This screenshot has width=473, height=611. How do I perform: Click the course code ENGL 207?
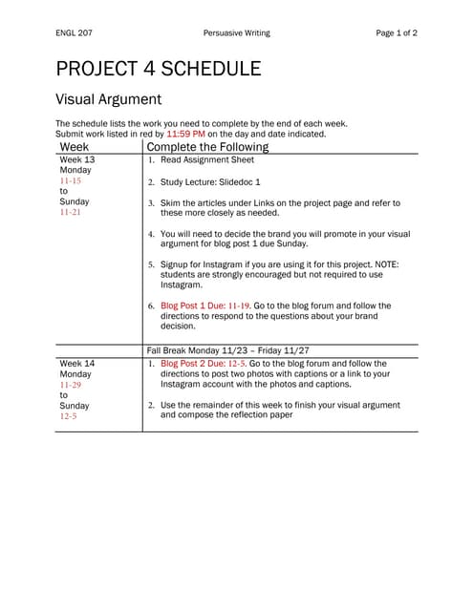point(74,33)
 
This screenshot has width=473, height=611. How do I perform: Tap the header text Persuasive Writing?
point(236,33)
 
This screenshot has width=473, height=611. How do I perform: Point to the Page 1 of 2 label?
point(397,33)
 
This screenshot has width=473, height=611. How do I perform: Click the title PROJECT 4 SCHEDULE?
point(158,69)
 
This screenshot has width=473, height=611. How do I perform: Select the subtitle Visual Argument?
point(108,99)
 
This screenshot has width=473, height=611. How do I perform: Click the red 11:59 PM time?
point(186,135)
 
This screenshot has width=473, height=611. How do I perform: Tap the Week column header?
point(74,148)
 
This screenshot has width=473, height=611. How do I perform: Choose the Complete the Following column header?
point(207,148)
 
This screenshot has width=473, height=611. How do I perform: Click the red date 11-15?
point(70,180)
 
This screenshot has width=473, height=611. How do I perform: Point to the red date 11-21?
point(70,213)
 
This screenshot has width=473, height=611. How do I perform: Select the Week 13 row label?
point(76,159)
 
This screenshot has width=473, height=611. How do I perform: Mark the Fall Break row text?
point(227,350)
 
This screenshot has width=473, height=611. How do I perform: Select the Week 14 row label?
point(76,364)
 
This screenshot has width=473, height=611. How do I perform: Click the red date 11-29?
point(70,385)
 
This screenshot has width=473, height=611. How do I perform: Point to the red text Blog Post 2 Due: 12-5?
point(204,364)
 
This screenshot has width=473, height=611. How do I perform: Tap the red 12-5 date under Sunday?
point(68,416)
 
